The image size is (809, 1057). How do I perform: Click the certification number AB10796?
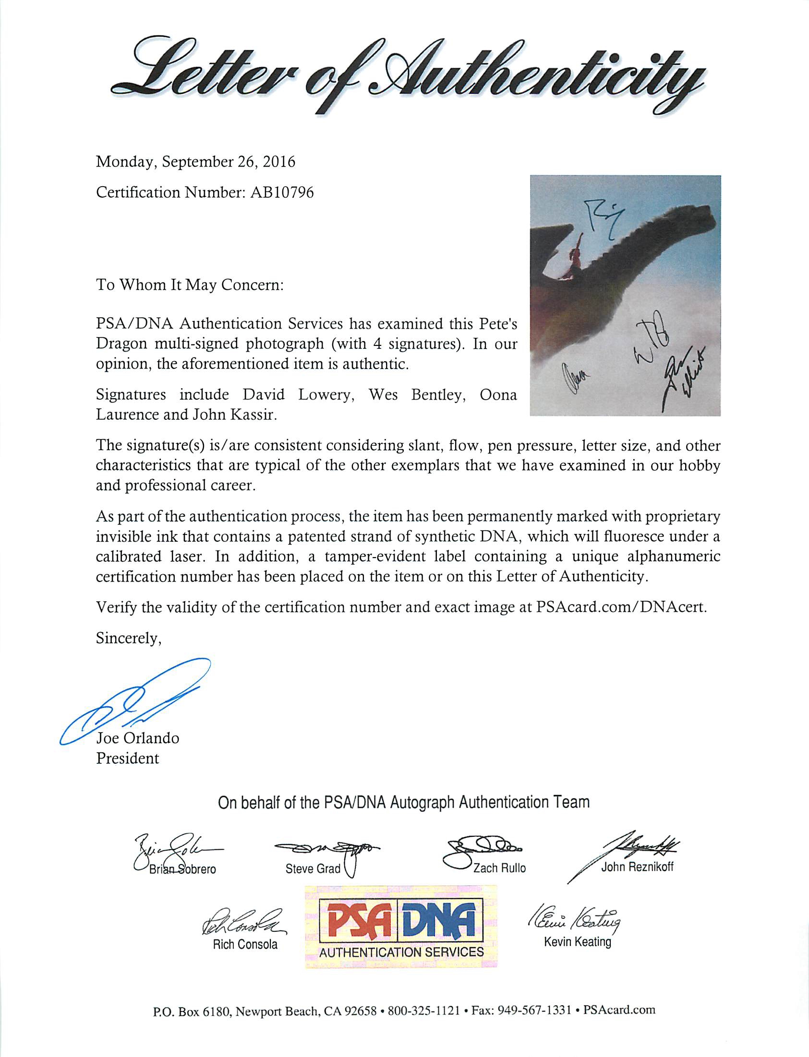[x=282, y=192]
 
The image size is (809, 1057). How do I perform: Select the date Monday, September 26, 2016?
[x=195, y=162]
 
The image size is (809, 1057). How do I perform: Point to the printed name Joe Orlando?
[x=138, y=738]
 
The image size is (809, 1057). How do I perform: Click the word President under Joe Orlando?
[x=128, y=758]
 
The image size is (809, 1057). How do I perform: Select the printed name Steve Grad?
[x=313, y=868]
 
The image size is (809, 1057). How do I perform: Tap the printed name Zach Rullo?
[x=499, y=868]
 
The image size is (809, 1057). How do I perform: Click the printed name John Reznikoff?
[x=637, y=867]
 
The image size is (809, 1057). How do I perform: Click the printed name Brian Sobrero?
[x=182, y=869]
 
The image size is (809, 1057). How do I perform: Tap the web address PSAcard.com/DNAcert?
[x=621, y=607]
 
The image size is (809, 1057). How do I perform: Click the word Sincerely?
[x=129, y=639]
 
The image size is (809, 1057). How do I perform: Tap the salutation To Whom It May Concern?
[x=190, y=285]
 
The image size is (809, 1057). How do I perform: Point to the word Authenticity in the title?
[x=530, y=77]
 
